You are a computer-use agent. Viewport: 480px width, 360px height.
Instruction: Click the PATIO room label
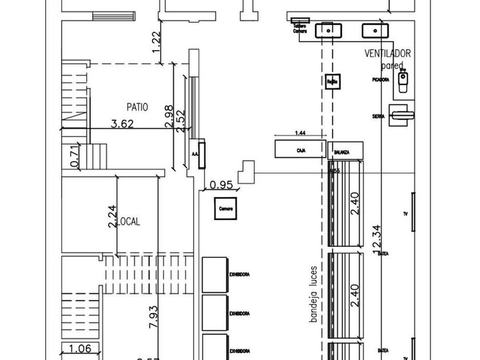[137, 106]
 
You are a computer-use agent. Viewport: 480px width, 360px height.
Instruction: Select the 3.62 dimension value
[122, 123]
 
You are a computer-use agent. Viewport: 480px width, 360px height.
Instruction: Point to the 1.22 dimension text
[157, 42]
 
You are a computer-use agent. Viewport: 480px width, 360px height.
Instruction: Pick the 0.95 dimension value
[221, 184]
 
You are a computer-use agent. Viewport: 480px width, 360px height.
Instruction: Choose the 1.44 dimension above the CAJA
[300, 133]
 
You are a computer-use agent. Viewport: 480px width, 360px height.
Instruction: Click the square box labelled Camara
[225, 209]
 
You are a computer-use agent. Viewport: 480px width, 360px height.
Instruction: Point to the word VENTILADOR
[388, 54]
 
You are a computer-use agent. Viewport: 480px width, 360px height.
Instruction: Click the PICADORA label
[381, 79]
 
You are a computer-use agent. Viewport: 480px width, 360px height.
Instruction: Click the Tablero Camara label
[300, 29]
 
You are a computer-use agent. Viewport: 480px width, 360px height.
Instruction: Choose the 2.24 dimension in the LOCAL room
[113, 216]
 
